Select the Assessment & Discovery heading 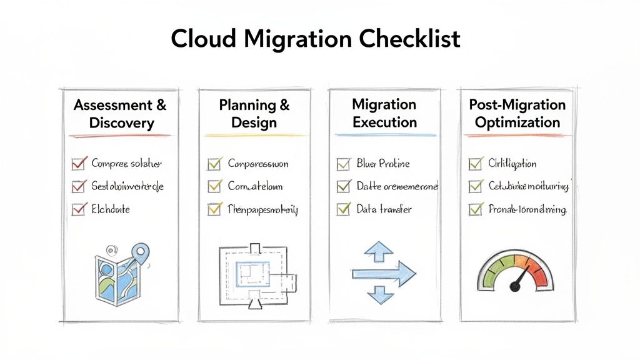tap(120, 113)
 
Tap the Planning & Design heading tap(254, 113)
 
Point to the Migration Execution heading tap(384, 112)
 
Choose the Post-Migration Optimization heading tap(517, 113)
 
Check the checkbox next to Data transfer tap(343, 209)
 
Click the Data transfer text tap(384, 209)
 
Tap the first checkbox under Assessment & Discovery tap(79, 164)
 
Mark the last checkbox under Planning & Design tap(214, 210)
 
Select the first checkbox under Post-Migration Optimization tap(475, 164)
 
